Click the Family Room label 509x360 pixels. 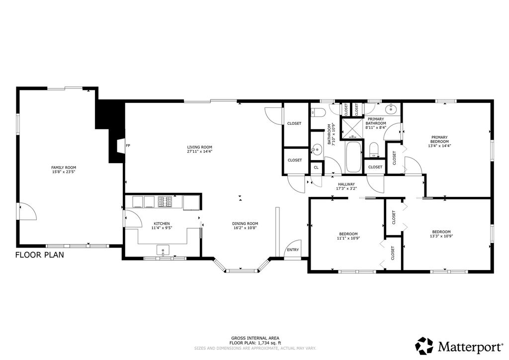tap(64, 168)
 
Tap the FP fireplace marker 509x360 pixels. tap(128, 145)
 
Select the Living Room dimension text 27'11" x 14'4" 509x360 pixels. tap(200, 151)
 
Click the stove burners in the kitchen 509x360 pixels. tap(165, 201)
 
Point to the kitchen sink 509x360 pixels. tap(163, 250)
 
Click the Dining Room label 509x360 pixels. tap(245, 223)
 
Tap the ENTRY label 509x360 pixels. tap(293, 250)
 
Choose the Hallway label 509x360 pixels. tap(346, 184)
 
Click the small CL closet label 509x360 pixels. tap(316, 168)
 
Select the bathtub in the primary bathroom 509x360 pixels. tap(353, 157)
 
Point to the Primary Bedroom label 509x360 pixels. tap(439, 139)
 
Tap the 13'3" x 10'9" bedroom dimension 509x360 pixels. tap(441, 236)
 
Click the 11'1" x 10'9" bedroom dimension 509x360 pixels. tap(348, 238)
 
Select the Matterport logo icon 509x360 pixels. tap(424, 346)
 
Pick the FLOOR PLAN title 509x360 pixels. tap(40, 255)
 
